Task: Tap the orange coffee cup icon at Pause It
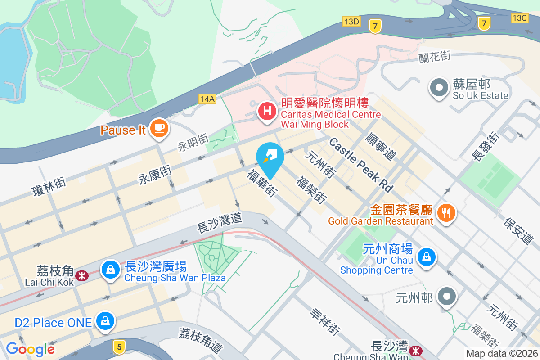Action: [158, 128]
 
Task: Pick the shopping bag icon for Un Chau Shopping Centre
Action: [425, 257]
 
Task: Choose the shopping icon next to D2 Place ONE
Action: [105, 321]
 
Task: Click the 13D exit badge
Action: [351, 21]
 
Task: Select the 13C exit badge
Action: [519, 18]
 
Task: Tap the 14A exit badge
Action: [207, 99]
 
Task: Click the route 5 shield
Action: [119, 346]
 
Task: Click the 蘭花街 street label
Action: [434, 57]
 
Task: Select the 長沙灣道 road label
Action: [220, 223]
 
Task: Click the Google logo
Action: [30, 349]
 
